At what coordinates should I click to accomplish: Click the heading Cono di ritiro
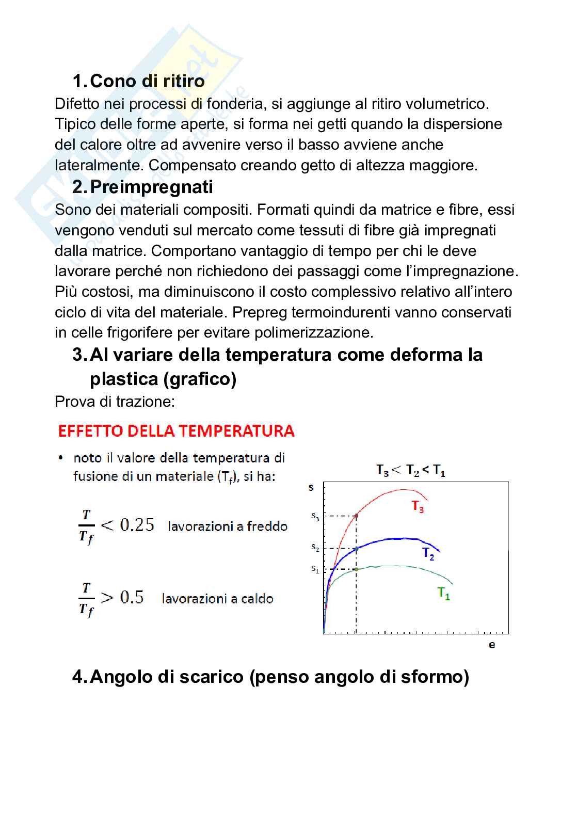point(147,81)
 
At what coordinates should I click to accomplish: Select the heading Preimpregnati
point(151,187)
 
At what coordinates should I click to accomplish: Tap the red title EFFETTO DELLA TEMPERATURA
point(176,431)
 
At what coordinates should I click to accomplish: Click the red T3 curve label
point(418,507)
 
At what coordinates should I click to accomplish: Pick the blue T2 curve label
point(428,554)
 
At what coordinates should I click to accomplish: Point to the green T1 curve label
point(444,594)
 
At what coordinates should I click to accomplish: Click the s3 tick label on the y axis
point(315,516)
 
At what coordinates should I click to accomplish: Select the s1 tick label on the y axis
point(315,569)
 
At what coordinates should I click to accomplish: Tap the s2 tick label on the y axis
point(315,548)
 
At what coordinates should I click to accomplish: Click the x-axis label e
point(491,645)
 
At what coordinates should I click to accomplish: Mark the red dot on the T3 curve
point(356,516)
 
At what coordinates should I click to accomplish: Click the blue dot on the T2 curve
point(356,549)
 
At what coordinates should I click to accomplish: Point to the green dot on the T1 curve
point(356,569)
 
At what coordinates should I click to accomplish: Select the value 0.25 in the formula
point(137,525)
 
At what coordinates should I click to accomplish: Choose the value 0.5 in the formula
point(132,597)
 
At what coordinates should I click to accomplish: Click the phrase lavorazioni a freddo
point(228,526)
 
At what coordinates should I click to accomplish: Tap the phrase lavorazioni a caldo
point(217,599)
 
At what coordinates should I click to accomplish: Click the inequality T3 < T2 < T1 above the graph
point(411,470)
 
